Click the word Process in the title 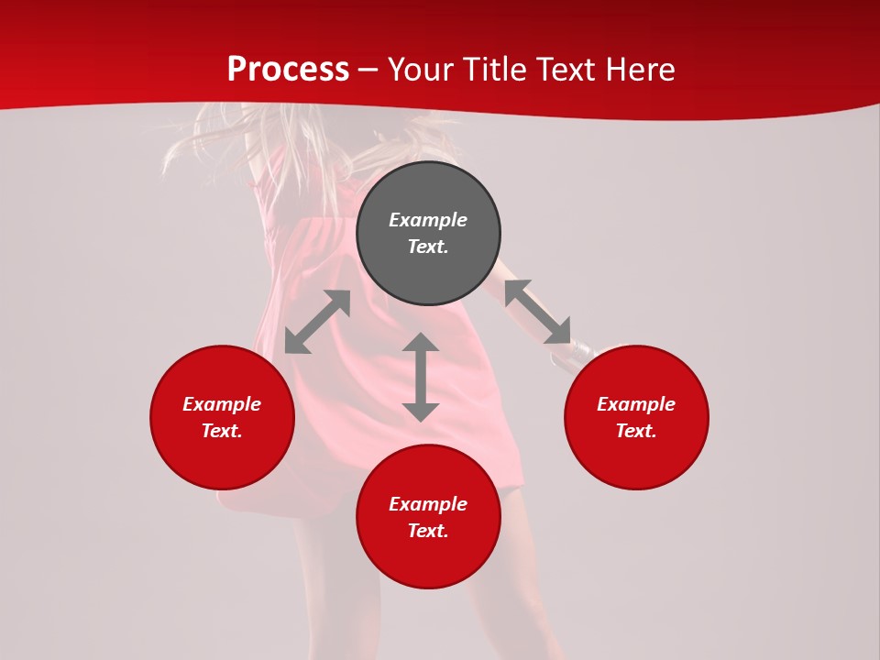(288, 70)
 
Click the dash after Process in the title (368, 71)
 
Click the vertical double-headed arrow (421, 377)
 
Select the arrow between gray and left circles (317, 322)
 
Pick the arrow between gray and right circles (537, 312)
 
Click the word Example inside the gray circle (428, 220)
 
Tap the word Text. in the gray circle (428, 247)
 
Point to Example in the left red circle (222, 404)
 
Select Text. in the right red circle (636, 431)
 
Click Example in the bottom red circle (428, 504)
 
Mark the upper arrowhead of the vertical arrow (421, 343)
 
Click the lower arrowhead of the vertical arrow (421, 411)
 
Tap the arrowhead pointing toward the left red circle (295, 343)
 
